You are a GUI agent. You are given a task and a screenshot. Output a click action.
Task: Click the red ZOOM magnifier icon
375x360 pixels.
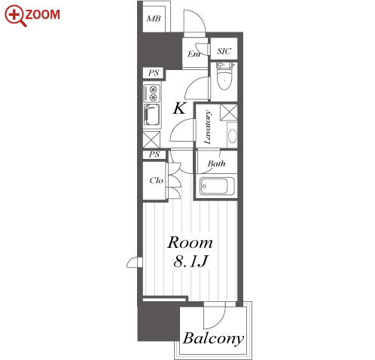point(16,16)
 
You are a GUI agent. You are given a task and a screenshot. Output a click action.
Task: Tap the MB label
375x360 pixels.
point(154,19)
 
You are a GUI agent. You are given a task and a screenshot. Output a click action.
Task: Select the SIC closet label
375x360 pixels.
point(224,51)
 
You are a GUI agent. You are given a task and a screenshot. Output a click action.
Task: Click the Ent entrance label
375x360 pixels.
point(194,53)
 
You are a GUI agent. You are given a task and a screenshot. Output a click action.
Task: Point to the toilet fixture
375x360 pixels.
point(224,76)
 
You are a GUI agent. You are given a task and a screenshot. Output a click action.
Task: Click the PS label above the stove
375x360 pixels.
point(154,73)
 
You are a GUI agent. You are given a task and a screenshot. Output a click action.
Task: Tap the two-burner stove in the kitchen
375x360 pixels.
point(151,93)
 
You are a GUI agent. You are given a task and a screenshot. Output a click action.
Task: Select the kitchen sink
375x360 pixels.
point(151,114)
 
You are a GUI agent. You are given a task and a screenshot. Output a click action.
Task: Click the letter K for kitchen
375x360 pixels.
point(179,108)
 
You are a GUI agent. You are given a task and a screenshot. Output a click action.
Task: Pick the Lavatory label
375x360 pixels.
point(208,127)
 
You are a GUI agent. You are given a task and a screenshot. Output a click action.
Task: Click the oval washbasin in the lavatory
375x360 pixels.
point(233,136)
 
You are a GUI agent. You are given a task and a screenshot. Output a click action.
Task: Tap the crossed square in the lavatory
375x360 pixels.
point(229,112)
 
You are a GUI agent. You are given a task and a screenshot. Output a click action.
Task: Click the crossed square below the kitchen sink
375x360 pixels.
point(151,139)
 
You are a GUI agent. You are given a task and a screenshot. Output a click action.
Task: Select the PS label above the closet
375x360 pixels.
point(154,154)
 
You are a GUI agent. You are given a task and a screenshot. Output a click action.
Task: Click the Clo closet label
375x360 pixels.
point(156,180)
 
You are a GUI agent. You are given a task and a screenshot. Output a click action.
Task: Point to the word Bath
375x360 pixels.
point(216,163)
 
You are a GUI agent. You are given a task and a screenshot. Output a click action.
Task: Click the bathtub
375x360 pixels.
point(217,186)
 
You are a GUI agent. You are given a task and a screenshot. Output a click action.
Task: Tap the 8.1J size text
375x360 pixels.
point(191,261)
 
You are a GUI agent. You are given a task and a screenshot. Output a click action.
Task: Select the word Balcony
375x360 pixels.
point(213,339)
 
